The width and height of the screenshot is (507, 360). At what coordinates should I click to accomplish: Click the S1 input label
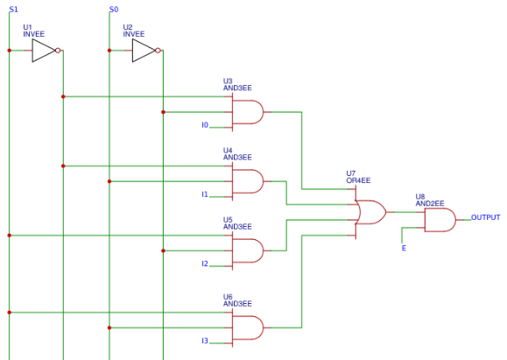[x=14, y=10]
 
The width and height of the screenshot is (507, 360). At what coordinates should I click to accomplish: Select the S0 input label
[x=114, y=10]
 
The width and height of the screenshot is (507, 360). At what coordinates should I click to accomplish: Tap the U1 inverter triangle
[x=43, y=51]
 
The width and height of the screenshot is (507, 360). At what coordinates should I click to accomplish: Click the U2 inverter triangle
[x=144, y=51]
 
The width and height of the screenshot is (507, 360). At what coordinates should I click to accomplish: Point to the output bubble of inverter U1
[x=58, y=51]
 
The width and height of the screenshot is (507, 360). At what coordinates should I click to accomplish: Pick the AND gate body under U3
[x=248, y=112]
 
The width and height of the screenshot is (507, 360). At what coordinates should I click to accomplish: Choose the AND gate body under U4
[x=248, y=181]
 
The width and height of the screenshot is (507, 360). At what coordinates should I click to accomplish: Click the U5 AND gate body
[x=248, y=251]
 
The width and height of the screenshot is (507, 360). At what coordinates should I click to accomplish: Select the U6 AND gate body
[x=248, y=328]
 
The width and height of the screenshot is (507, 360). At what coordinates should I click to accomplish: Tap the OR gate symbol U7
[x=370, y=212]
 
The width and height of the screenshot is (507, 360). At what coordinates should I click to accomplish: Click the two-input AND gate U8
[x=440, y=220]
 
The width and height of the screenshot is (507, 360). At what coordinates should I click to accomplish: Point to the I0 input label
[x=205, y=125]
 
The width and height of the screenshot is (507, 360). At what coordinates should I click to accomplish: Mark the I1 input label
[x=205, y=194]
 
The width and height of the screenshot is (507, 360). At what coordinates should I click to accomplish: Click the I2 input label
[x=205, y=264]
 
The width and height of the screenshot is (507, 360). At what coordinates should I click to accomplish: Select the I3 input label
[x=205, y=341]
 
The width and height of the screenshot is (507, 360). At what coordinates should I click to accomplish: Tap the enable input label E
[x=404, y=248]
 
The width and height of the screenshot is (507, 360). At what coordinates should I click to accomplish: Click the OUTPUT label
[x=486, y=217]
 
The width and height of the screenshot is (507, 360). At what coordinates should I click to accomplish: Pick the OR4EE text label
[x=358, y=180]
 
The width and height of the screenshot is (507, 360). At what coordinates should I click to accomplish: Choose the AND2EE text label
[x=430, y=203]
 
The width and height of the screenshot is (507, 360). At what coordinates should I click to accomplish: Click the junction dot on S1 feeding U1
[x=10, y=51]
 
